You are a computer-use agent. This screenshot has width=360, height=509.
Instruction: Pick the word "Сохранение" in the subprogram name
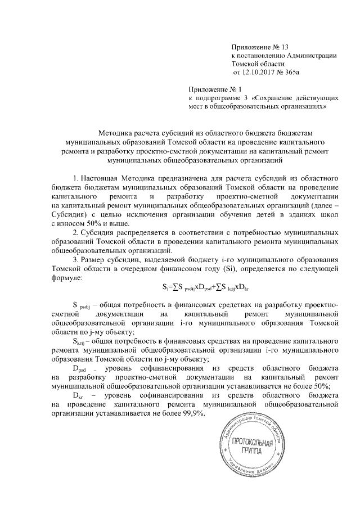coord(273,97)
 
